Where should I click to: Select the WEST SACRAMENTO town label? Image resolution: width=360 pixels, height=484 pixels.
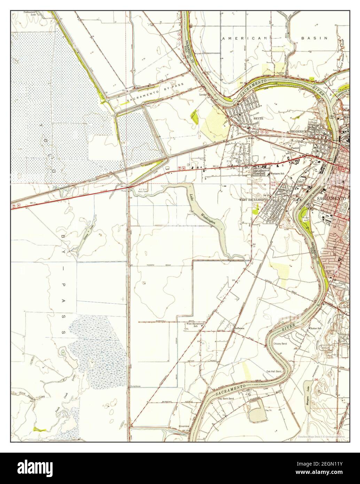pos(253,200)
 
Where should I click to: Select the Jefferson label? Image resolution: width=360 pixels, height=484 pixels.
pos(240,328)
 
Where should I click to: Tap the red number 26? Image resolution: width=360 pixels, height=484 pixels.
pos(316,379)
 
